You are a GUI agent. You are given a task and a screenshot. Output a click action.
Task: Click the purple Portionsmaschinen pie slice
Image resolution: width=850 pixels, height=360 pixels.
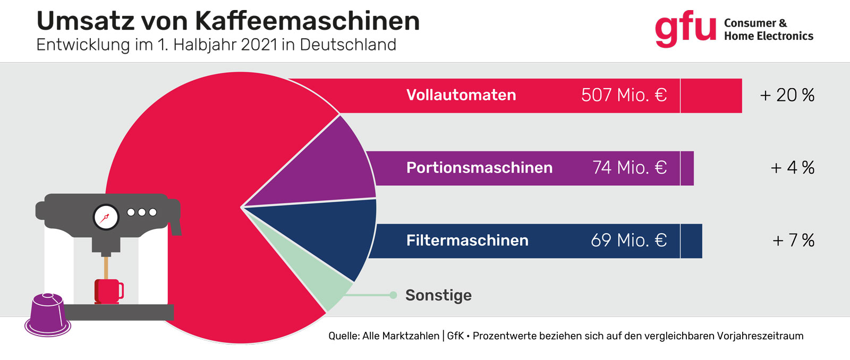[329, 170]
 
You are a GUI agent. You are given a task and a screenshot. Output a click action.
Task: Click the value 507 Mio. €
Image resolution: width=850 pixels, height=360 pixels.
[624, 96]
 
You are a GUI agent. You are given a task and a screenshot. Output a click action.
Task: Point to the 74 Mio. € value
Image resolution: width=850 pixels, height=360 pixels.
[630, 168]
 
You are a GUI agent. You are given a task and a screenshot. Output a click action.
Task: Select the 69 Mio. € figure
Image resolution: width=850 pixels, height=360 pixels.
[628, 241]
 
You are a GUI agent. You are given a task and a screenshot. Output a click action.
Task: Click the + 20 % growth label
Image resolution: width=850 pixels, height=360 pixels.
[787, 96]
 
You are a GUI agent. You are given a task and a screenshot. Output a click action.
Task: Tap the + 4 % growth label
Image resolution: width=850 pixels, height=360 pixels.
[792, 168]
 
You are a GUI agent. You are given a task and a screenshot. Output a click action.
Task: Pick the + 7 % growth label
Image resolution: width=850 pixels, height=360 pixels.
[793, 241]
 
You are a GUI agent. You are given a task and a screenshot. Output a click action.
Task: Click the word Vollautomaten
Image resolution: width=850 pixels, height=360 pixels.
[461, 96]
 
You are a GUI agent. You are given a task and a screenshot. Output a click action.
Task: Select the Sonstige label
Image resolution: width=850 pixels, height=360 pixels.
[438, 295]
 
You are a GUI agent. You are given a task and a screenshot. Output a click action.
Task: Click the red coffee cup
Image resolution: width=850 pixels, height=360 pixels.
[108, 291]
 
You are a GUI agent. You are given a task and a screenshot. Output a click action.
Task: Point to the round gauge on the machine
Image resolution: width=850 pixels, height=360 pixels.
[106, 217]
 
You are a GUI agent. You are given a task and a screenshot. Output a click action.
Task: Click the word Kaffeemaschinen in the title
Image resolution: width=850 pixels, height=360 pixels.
[307, 21]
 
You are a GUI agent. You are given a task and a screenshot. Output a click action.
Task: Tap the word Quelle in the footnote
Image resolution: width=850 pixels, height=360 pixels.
[343, 336]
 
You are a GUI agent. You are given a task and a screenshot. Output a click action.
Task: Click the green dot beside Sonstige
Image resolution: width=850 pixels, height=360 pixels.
[393, 295]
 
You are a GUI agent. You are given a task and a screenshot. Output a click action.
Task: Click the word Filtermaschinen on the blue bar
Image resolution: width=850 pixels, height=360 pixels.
[467, 241]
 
